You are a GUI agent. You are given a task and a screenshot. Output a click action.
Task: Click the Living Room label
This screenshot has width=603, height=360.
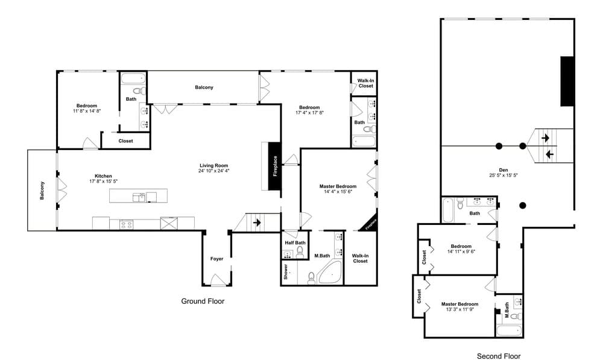214,166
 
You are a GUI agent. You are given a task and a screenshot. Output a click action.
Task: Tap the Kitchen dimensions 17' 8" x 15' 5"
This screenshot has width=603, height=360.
104,181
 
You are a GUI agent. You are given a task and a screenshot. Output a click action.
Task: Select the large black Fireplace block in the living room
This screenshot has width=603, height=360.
274,166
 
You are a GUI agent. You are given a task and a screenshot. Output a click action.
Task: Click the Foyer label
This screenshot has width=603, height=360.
216,259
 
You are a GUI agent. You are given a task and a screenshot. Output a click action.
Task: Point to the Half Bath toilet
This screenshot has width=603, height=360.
300,252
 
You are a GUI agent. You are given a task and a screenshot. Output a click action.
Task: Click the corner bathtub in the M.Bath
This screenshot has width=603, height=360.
330,273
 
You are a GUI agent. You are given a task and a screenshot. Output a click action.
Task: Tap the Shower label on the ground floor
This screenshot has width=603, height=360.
286,271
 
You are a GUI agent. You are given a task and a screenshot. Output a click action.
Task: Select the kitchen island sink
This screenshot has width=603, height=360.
139,197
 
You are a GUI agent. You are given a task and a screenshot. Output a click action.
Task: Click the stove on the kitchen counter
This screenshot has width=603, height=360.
127,224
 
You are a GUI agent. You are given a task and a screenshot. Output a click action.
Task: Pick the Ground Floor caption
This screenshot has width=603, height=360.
203,301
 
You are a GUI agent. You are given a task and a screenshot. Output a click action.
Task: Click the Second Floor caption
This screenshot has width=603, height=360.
499,356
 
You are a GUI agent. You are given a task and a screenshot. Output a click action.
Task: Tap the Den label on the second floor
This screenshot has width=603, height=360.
504,170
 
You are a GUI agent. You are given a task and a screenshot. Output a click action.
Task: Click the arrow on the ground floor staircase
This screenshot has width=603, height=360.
257,223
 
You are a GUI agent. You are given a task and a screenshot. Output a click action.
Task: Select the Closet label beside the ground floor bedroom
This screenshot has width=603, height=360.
126,141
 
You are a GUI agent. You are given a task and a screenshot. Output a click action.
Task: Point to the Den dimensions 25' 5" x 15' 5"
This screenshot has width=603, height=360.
504,175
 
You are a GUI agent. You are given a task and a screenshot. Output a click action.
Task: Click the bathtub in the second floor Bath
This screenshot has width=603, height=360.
448,210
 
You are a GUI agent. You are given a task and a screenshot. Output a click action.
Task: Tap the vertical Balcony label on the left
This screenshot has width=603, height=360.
42,191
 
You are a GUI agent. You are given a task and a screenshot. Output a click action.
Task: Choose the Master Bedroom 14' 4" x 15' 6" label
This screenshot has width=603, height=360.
338,189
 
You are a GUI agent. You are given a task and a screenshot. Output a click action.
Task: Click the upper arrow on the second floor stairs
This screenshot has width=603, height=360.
545,137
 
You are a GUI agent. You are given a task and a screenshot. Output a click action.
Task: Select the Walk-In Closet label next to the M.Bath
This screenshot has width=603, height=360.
361,259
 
